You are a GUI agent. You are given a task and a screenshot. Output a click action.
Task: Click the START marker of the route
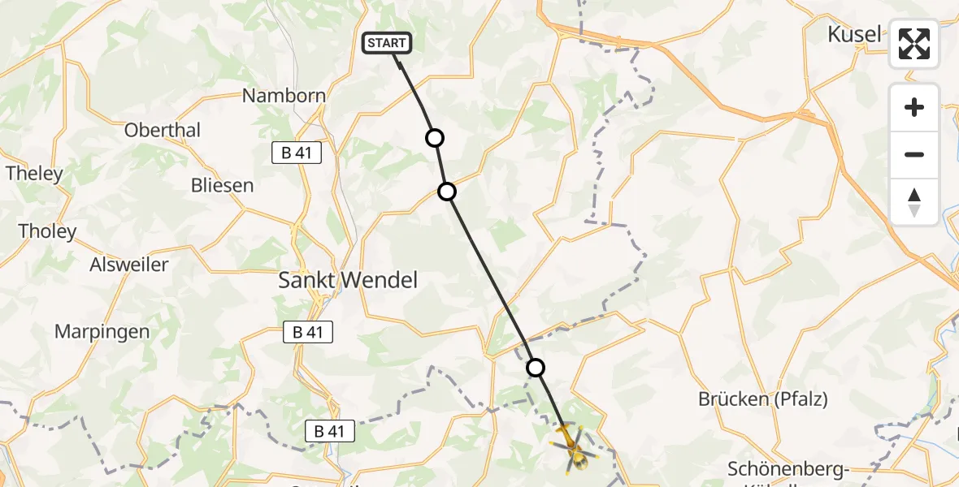[x=387, y=43]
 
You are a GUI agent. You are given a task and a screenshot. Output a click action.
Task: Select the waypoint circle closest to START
[x=435, y=138]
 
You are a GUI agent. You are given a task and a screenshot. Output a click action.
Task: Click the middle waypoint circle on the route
[x=447, y=192]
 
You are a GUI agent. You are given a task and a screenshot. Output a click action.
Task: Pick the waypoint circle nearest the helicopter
[x=536, y=368]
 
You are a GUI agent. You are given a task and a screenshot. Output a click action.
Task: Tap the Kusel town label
[x=854, y=34]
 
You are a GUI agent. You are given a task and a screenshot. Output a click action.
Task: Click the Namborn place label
[x=284, y=96]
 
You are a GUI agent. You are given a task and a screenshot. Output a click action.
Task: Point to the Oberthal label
[x=163, y=130]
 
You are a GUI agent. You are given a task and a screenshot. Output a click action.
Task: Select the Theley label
[x=34, y=173]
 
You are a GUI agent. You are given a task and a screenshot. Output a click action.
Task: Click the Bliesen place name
[x=222, y=185]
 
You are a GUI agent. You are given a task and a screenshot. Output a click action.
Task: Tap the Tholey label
[x=47, y=231]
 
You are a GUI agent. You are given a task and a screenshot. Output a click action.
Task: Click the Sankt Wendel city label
[x=348, y=281]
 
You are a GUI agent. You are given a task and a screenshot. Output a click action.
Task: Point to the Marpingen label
[x=102, y=331]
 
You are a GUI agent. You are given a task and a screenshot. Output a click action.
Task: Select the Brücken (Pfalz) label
[x=763, y=399]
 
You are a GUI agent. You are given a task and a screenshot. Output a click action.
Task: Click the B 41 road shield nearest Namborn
[x=297, y=152]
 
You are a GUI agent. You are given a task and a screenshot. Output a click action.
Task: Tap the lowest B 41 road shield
[x=330, y=432]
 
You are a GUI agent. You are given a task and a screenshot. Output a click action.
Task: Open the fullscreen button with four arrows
[x=914, y=44]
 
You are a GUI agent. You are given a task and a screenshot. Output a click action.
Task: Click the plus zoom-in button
[x=914, y=107]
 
